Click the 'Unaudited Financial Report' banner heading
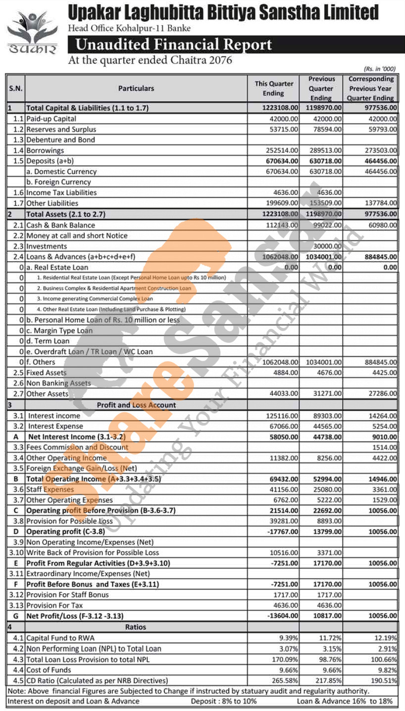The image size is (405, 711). click(173, 45)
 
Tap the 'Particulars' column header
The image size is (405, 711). click(136, 89)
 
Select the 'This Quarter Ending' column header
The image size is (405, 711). click(273, 89)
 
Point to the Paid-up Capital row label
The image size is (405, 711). click(51, 119)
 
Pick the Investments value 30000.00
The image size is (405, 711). click(326, 246)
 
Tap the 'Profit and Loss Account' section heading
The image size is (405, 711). click(136, 405)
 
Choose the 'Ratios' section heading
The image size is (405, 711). click(136, 627)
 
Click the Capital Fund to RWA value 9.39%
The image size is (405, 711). click(290, 638)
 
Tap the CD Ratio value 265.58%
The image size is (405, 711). click(287, 680)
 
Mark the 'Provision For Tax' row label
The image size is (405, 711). click(54, 605)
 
